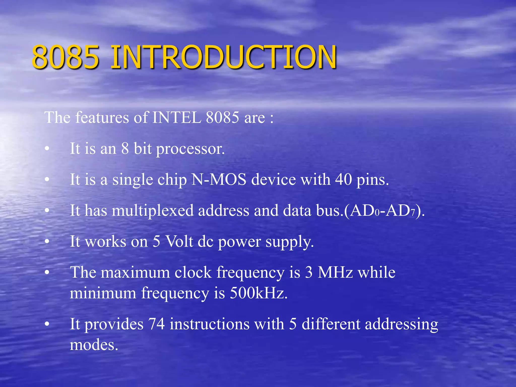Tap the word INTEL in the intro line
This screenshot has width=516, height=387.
(176, 117)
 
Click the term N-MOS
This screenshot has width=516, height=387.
(219, 180)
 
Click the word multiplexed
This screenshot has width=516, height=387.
(152, 211)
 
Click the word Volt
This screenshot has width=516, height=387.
(179, 242)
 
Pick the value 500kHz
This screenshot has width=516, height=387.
(258, 293)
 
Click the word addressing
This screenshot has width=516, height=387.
(401, 325)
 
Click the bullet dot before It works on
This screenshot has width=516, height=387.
(47, 242)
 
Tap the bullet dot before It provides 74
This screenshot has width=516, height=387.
(47, 325)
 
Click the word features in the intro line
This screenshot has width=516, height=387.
(102, 117)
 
